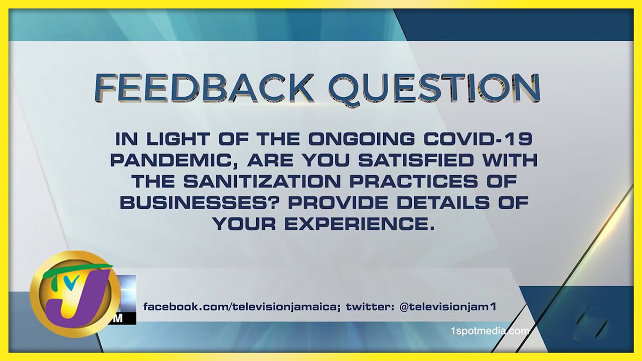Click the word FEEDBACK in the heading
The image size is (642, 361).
click(x=204, y=88)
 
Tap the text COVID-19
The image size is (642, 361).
click(x=478, y=139)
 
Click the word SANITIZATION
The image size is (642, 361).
click(x=262, y=182)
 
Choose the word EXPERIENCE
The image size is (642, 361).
click(x=360, y=224)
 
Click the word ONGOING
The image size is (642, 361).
click(x=362, y=139)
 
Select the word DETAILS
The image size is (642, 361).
click(x=443, y=203)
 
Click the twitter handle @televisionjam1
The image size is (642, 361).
click(x=448, y=307)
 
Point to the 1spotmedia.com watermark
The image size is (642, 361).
click(x=490, y=331)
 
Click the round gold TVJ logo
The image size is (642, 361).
click(x=75, y=294)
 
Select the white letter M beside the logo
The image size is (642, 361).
click(x=117, y=318)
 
